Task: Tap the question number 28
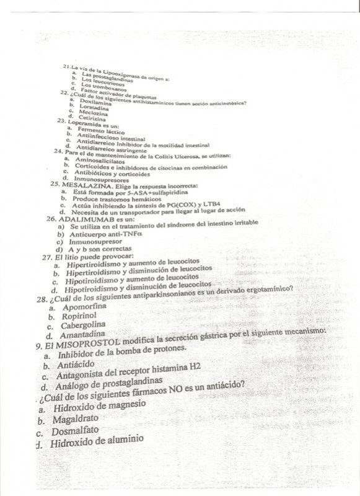pos(42,299)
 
